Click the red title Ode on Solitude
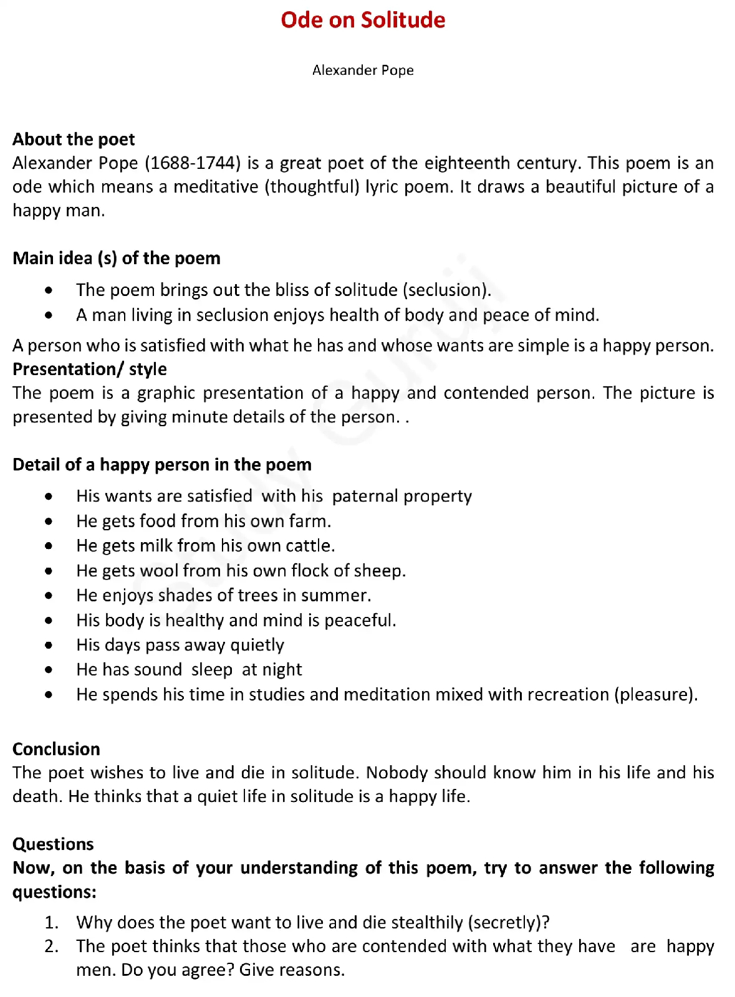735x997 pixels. pos(363,21)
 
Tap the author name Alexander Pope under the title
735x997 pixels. pos(363,70)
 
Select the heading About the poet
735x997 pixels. pos(74,139)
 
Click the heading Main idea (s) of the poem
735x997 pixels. pos(117,258)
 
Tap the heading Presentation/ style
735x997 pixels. pos(90,369)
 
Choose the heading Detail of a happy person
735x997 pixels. pos(162,464)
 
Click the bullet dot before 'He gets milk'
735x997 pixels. pos(49,546)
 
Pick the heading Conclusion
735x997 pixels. pos(56,748)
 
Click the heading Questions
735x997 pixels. pos(53,844)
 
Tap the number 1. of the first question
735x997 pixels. pos(52,922)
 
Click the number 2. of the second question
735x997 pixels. pos(52,947)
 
